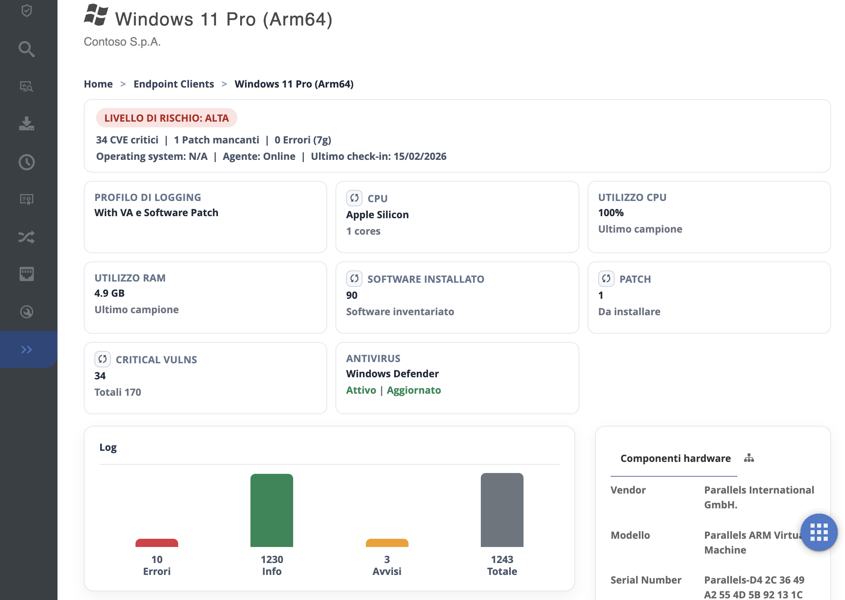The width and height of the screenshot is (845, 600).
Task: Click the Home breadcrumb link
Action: pos(98,84)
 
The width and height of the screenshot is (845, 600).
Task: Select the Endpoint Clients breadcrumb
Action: pos(174,84)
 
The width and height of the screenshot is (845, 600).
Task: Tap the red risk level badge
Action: pos(166,118)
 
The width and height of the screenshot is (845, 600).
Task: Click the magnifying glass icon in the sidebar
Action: pos(27,49)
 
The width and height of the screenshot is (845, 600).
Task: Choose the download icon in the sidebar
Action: pos(27,124)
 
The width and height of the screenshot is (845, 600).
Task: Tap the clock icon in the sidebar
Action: pos(27,162)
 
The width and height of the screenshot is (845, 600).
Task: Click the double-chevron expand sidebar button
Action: pos(27,349)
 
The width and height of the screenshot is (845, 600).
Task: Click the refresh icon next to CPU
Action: pos(354,198)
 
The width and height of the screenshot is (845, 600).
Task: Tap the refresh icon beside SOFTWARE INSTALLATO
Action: pos(354,279)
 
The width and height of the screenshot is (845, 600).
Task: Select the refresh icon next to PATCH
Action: pos(606,279)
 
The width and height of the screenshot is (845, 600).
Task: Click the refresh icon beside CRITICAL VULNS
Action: pos(103,359)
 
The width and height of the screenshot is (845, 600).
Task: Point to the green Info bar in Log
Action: pos(272,510)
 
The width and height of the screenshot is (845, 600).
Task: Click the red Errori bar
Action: pos(157,543)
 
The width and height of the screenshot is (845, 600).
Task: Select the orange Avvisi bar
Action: pos(387,543)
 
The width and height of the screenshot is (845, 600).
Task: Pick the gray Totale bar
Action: pos(502,510)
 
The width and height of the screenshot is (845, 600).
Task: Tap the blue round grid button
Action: pos(819,532)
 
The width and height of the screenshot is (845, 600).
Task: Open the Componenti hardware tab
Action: pos(675,458)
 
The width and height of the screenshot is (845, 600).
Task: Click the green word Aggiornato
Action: pos(413,390)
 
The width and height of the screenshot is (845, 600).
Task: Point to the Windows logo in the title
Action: pos(96,15)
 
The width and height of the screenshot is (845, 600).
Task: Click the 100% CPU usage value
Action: pos(611,212)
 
